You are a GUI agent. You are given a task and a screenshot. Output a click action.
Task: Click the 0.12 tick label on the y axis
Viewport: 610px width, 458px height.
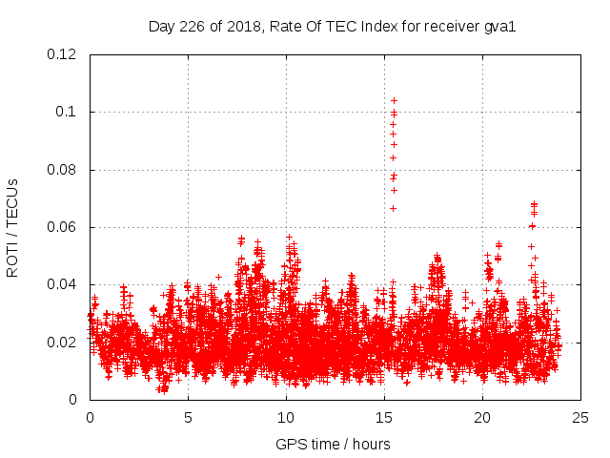[x=62, y=54]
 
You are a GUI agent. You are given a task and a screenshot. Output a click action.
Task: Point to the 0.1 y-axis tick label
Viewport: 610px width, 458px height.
[x=66, y=112]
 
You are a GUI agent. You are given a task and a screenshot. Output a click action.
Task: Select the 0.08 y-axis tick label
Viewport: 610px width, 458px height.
[x=62, y=170]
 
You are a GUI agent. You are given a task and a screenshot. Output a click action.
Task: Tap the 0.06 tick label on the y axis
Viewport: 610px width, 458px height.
[x=62, y=227]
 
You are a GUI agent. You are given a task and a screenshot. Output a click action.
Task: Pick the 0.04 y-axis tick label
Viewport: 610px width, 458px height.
[x=62, y=284]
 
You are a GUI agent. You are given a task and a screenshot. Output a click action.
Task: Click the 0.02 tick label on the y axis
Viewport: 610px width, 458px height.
[x=62, y=343]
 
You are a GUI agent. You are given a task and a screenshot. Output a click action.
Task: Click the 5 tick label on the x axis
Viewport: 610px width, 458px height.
[x=188, y=417]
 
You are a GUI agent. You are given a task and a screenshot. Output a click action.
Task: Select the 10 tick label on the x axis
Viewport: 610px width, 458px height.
[x=286, y=417]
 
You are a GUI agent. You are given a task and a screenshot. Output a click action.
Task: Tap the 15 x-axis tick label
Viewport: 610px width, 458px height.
[x=384, y=417]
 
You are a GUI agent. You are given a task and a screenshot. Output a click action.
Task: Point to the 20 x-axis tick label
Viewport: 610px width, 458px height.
[x=482, y=417]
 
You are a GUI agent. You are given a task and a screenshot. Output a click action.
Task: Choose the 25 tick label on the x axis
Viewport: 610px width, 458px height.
[x=580, y=417]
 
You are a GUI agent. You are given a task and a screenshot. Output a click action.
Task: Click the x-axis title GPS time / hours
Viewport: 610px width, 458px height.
[x=333, y=444]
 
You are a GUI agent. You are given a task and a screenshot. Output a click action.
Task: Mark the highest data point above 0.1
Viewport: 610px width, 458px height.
[x=394, y=100]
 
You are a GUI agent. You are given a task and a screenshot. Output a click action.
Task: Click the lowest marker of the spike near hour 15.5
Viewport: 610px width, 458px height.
[x=393, y=208]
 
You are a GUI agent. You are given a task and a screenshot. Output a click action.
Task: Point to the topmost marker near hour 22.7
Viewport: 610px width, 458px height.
[x=534, y=203]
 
